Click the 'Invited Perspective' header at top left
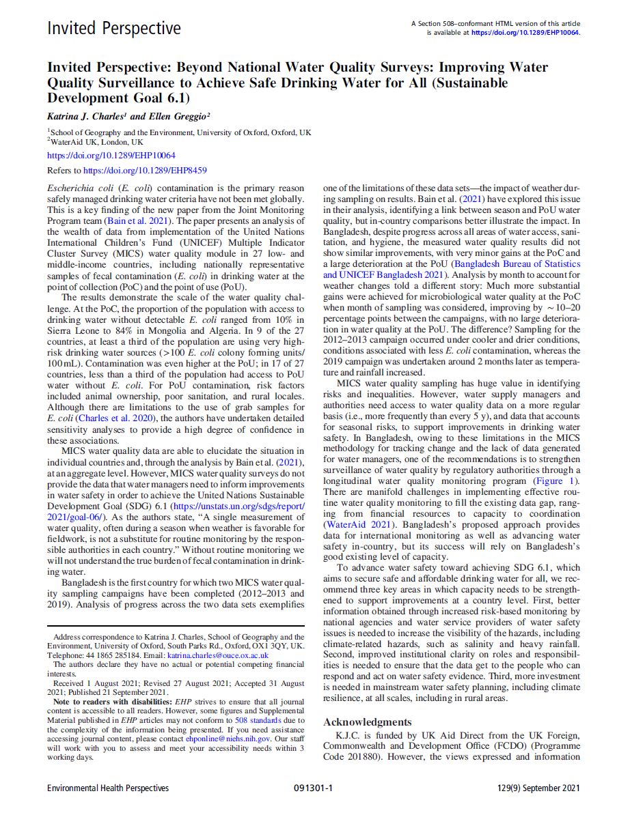point(114,28)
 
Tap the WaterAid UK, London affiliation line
point(95,142)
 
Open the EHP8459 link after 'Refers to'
point(145,171)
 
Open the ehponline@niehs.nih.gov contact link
point(234,738)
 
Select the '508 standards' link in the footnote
point(262,719)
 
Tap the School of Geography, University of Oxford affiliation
point(179,132)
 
